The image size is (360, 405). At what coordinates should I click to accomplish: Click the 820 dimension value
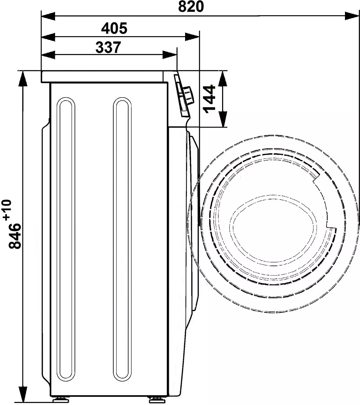click(x=191, y=7)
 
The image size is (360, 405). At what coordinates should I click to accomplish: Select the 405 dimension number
click(x=114, y=28)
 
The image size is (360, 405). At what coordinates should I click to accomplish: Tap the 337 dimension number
click(x=108, y=47)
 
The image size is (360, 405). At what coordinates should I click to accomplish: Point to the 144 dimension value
click(x=209, y=99)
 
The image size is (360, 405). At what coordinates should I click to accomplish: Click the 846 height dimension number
click(x=15, y=236)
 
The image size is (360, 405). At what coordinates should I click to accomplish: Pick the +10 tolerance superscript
click(x=8, y=210)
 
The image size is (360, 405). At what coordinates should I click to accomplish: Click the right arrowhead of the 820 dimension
click(x=352, y=16)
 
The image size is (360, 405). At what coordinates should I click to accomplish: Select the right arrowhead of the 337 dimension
click(x=170, y=55)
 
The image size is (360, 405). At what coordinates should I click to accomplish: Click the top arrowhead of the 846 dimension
click(x=23, y=79)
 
